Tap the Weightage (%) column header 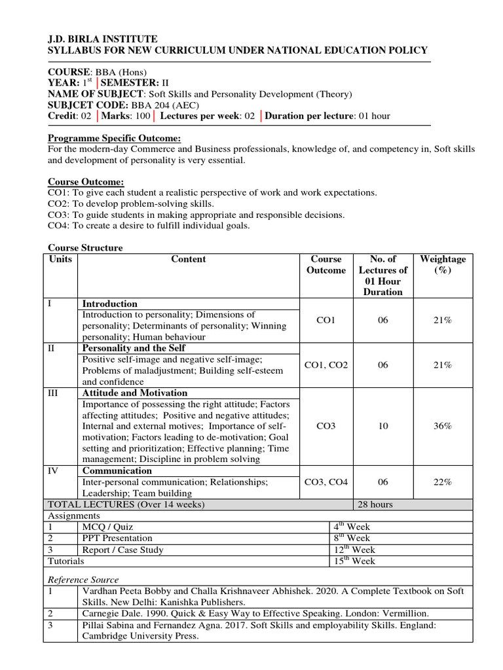(443, 264)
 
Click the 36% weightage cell (443, 426)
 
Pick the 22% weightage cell (443, 482)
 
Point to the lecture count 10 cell (383, 426)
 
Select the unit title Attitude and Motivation (135, 393)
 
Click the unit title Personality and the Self (134, 348)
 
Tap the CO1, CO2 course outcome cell (326, 365)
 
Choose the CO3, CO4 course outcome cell (326, 482)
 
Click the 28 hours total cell (376, 504)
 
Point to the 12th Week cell (354, 550)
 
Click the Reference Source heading (83, 579)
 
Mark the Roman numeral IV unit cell (52, 470)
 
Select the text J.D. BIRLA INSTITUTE (103, 39)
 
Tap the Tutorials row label (66, 561)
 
